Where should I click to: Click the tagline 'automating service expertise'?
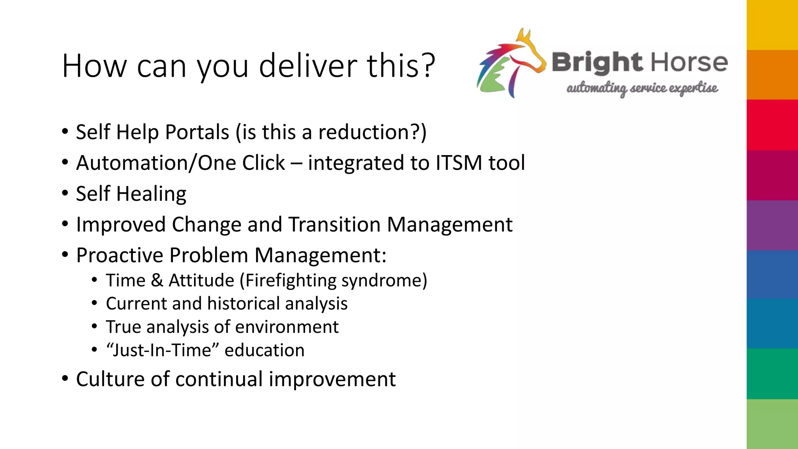point(642,88)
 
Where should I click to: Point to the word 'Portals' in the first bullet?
point(197,132)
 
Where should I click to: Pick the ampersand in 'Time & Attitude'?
point(157,281)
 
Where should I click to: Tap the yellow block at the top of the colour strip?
point(772,25)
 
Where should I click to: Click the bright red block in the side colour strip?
point(772,125)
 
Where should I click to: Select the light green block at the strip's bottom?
point(772,424)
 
